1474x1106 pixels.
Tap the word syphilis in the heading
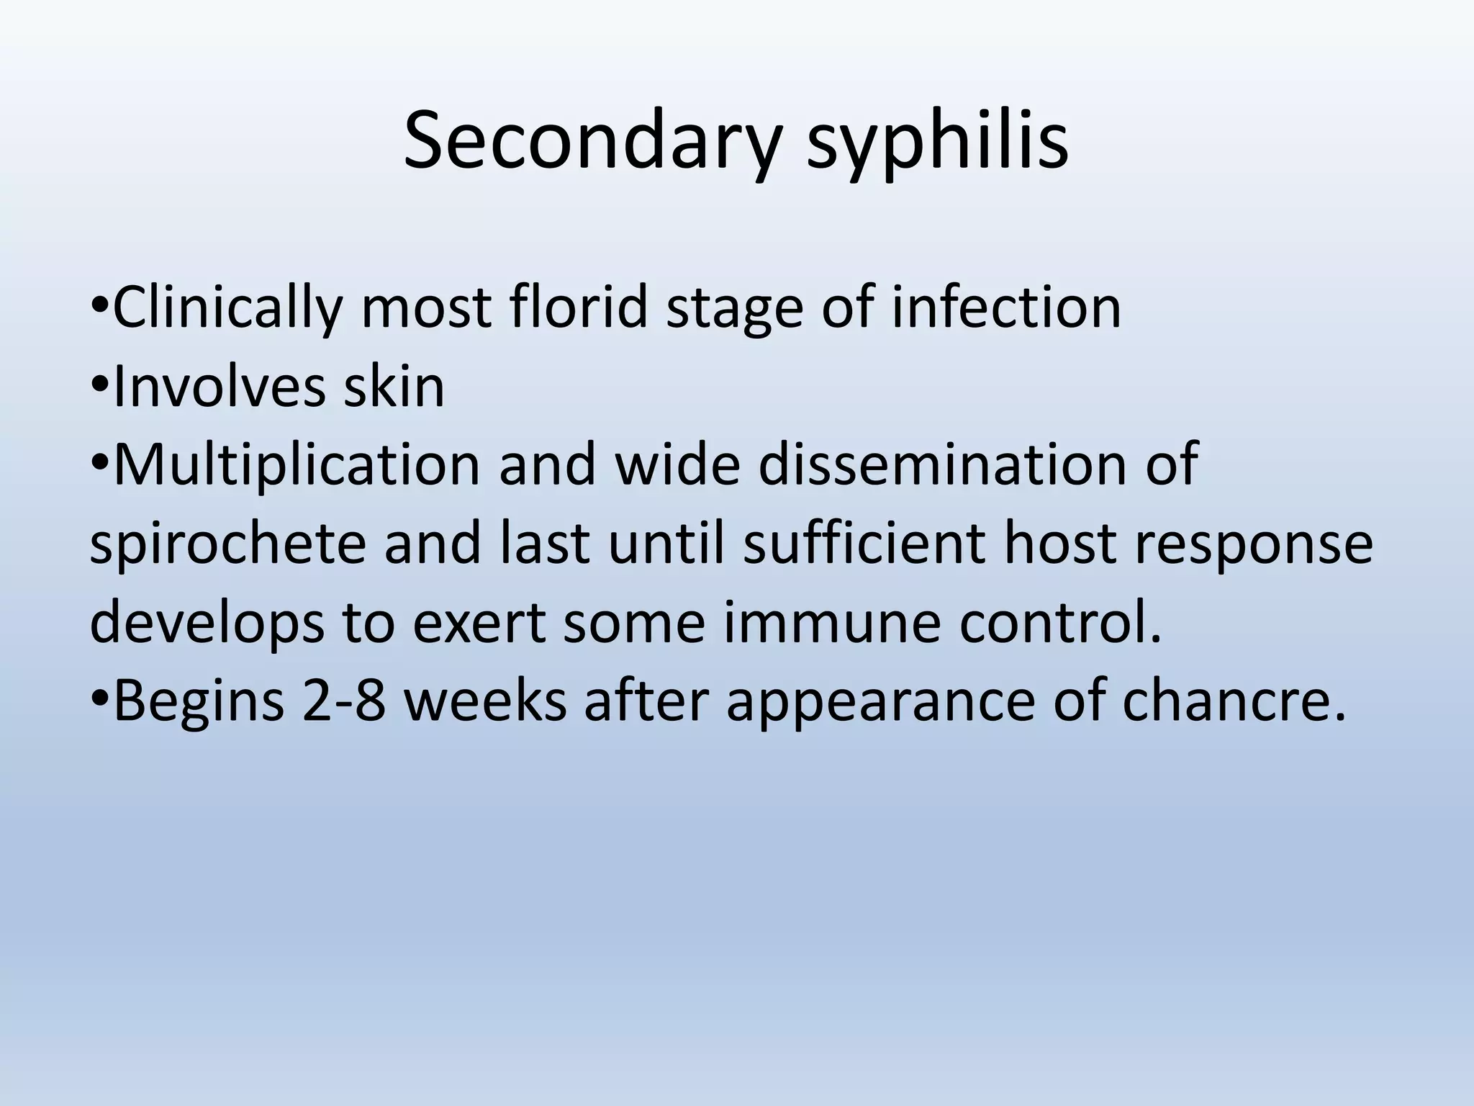pos(936,141)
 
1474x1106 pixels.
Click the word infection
pos(1006,308)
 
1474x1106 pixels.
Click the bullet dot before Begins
pos(100,698)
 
